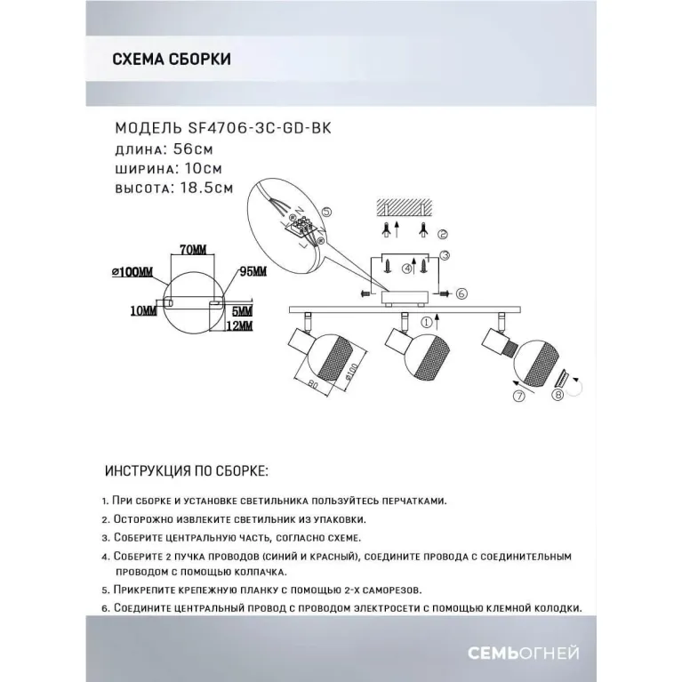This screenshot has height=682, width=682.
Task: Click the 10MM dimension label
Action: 142,310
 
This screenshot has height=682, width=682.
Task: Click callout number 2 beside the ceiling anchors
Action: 444,235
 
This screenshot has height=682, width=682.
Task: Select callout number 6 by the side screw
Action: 460,293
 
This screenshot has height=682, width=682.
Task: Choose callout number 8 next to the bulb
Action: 559,394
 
